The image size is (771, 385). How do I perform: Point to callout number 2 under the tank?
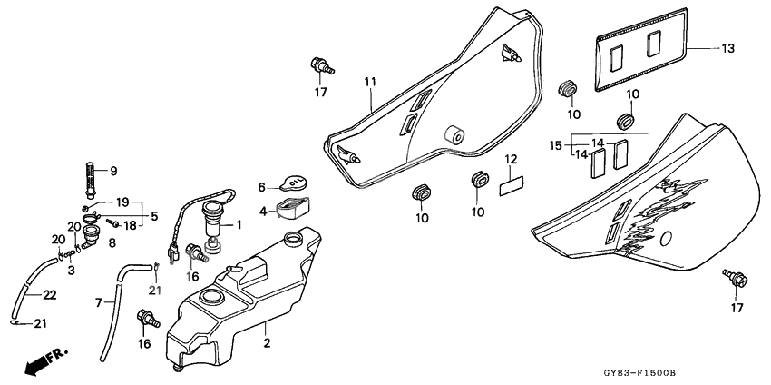266,342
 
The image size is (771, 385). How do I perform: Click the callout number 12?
511,159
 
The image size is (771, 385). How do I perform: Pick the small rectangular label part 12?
510,181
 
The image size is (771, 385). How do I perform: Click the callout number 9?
114,170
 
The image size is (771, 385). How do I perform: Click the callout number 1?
239,224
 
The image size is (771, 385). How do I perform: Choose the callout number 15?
554,145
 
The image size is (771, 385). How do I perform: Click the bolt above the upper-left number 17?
319,64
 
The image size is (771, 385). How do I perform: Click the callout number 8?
113,243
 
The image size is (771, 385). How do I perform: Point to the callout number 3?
70,271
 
